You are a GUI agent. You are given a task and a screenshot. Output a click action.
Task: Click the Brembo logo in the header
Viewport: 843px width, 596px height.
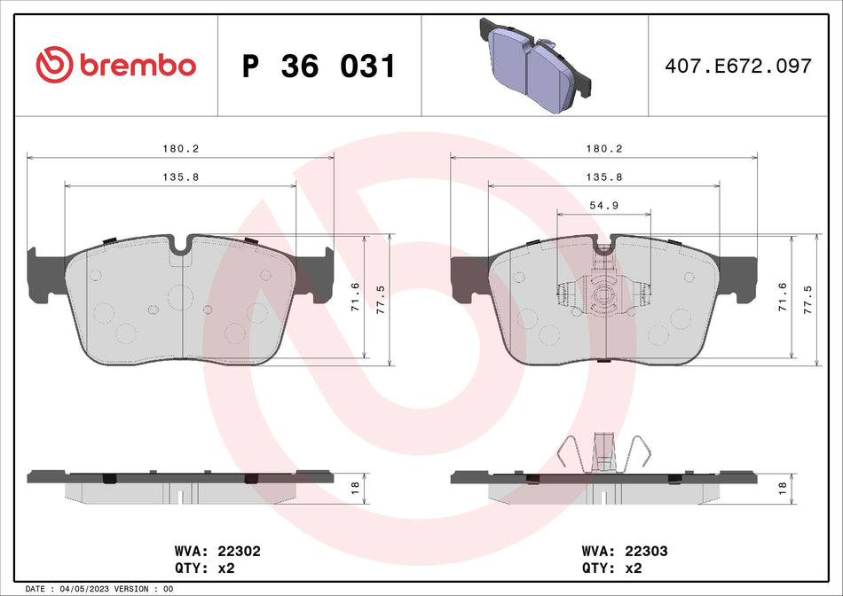pos(115,65)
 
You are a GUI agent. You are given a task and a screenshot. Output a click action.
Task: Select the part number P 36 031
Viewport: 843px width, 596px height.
pos(319,67)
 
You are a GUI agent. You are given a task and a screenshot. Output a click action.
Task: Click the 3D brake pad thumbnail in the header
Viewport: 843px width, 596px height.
pos(536,64)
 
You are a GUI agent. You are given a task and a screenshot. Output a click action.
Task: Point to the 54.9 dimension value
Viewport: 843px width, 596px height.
pos(603,204)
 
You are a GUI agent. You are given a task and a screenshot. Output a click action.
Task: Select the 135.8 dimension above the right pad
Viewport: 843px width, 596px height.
pos(603,176)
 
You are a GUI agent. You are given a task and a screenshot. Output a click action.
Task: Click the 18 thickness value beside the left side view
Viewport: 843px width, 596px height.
pos(354,487)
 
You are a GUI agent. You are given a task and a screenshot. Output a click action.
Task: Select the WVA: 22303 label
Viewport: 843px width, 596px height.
pos(626,550)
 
